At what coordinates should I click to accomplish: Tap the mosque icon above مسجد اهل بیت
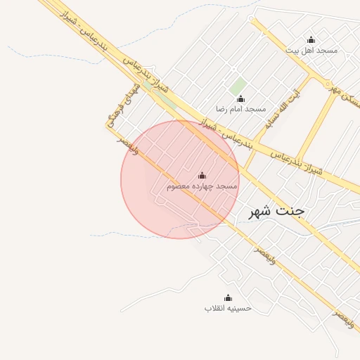click(311, 39)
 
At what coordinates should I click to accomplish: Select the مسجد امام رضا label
click(240, 109)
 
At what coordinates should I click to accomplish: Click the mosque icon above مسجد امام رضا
click(240, 98)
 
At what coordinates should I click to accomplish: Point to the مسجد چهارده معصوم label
click(202, 186)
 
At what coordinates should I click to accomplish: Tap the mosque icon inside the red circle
click(202, 175)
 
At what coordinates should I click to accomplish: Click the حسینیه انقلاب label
click(228, 309)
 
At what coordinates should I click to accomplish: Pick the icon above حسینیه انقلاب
click(228, 298)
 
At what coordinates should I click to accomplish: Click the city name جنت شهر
click(280, 212)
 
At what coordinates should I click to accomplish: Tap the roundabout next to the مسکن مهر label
click(328, 84)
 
